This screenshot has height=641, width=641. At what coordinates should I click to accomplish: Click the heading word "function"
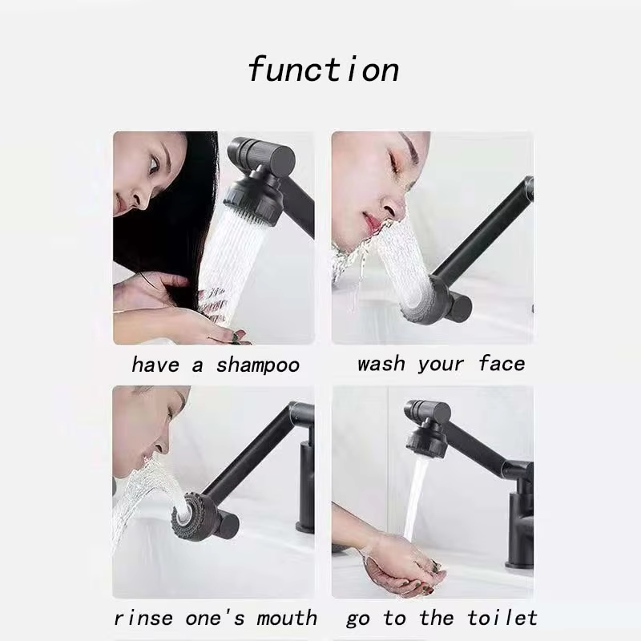pyautogui.click(x=323, y=70)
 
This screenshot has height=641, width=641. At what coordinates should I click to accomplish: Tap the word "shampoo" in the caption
pyautogui.click(x=258, y=365)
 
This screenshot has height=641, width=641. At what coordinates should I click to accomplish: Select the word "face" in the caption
pyautogui.click(x=502, y=363)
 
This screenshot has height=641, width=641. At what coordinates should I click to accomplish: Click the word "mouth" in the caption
pyautogui.click(x=287, y=618)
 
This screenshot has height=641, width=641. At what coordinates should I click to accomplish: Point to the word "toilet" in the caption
pyautogui.click(x=502, y=618)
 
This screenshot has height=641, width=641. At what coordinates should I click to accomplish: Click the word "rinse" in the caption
pyautogui.click(x=143, y=618)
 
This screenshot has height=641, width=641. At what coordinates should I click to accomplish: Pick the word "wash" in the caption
pyautogui.click(x=381, y=364)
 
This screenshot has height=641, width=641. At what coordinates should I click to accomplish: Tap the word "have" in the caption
pyautogui.click(x=155, y=365)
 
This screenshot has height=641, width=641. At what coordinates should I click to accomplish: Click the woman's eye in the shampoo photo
pyautogui.click(x=153, y=164)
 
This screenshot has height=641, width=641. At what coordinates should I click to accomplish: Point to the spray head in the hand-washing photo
pyautogui.click(x=425, y=444)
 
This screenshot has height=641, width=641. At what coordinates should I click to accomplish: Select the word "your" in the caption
pyautogui.click(x=441, y=365)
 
